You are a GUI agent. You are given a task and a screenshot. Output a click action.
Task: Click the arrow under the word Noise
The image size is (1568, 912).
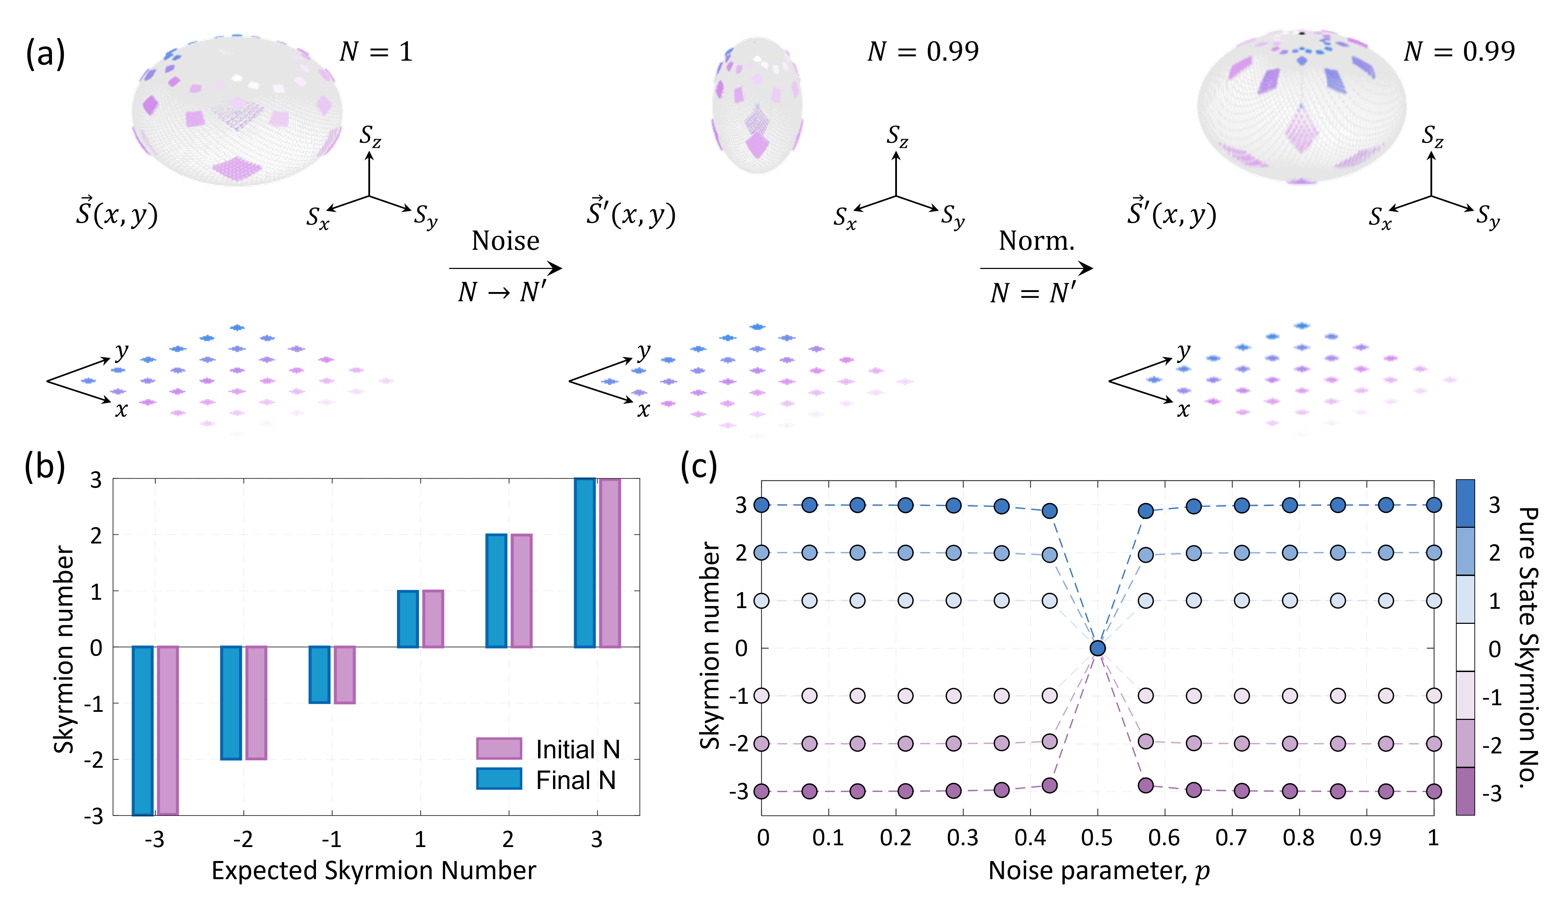click(505, 268)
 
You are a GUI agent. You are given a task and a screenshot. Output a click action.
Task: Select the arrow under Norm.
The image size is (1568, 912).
click(1036, 268)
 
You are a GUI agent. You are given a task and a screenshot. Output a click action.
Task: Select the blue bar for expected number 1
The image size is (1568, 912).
click(407, 619)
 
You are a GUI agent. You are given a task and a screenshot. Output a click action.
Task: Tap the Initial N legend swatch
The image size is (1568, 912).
click(498, 748)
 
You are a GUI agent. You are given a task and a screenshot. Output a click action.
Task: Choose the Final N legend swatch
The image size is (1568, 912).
click(498, 779)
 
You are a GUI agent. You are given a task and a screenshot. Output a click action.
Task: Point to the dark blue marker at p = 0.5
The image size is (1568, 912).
click(1098, 648)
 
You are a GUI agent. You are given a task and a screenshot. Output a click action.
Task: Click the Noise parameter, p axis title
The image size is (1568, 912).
click(1098, 870)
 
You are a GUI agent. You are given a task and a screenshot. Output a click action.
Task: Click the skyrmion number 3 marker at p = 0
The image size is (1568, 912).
click(761, 505)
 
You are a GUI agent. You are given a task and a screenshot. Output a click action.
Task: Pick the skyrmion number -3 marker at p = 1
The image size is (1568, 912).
click(1434, 791)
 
